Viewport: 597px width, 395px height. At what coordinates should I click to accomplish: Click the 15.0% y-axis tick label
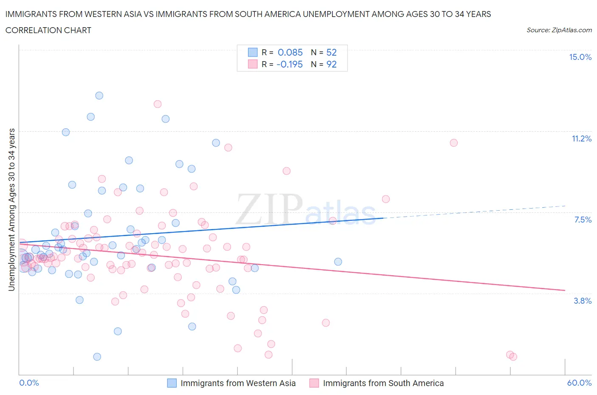click(580, 57)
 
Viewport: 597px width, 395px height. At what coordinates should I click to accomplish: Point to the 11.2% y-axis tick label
click(581, 139)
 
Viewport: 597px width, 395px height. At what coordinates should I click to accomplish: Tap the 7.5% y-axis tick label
click(583, 220)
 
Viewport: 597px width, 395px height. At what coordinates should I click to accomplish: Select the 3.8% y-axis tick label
click(583, 301)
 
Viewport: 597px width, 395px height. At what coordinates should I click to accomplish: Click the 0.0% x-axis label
click(29, 383)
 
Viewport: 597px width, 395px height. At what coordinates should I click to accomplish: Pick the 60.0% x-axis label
click(579, 383)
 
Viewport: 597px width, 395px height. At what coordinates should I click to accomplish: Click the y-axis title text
click(11, 210)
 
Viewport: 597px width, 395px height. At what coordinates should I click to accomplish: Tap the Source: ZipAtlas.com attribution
click(559, 30)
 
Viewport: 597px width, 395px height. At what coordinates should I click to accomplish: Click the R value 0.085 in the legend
click(290, 52)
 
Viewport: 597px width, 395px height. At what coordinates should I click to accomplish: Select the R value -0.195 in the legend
click(289, 64)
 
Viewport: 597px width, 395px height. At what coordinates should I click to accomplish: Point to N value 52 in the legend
click(331, 52)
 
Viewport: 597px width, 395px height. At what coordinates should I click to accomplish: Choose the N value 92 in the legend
click(331, 64)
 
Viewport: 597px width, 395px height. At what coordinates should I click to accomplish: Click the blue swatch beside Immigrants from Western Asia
click(172, 383)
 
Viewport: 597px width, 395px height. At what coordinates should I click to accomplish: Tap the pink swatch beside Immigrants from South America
click(314, 383)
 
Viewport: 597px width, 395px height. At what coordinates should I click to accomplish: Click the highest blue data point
click(99, 96)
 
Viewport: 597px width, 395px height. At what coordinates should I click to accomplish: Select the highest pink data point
click(158, 104)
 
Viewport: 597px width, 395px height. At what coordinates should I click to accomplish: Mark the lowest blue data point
click(97, 357)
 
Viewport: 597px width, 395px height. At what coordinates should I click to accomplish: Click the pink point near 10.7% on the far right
click(454, 143)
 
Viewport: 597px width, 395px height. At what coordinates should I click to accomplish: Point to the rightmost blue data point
click(338, 262)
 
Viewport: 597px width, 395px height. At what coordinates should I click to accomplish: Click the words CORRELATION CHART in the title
click(48, 30)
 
